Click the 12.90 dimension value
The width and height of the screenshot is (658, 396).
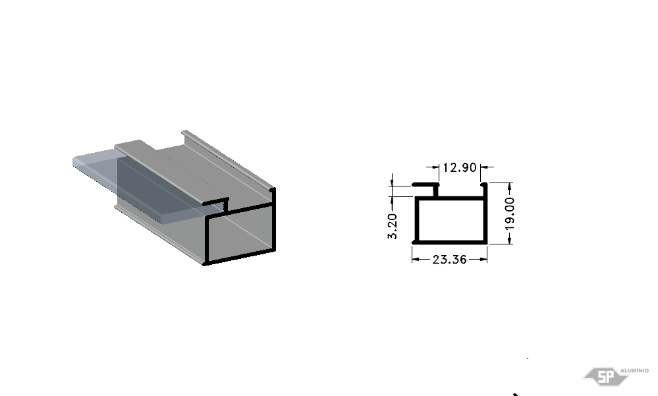pos(460,167)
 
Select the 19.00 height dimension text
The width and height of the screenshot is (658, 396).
pos(510,213)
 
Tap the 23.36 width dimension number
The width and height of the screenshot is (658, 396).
pos(449,260)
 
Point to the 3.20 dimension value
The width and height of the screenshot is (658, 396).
pos(393,227)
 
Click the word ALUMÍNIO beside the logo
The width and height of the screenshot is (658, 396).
pos(634,370)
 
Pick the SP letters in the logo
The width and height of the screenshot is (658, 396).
pos(605,377)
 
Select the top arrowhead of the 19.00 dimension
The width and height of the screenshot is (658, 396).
pos(510,186)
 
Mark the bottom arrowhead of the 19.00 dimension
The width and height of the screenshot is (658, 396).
pos(510,240)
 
